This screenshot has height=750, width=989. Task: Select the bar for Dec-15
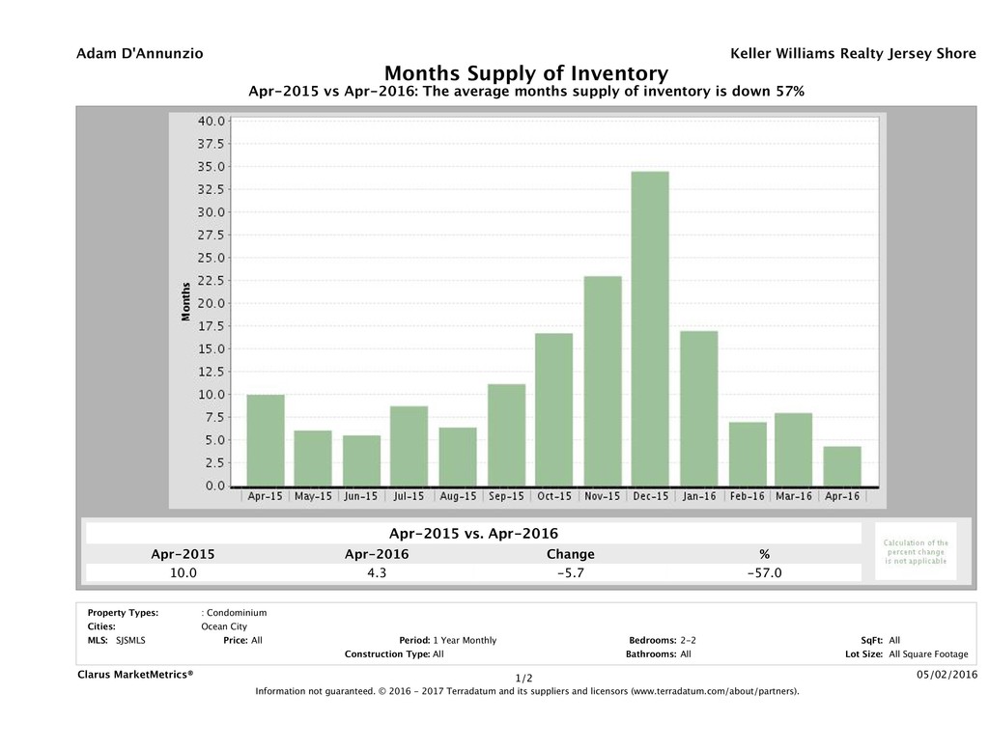coord(650,328)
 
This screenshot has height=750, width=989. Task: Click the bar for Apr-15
coord(266,440)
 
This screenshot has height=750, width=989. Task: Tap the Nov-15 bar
coord(602,381)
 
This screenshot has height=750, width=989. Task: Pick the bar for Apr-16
coord(842,466)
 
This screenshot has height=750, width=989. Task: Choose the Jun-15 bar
coord(361,460)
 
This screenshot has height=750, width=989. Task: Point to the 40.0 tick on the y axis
coord(212,122)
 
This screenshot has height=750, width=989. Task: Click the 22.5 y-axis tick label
coord(212,281)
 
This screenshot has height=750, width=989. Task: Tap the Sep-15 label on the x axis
coord(506,496)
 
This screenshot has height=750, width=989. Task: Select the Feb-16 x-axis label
coord(747,496)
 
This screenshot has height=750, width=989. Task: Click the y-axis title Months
coord(185,301)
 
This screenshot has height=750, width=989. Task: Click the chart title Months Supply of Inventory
coord(526,73)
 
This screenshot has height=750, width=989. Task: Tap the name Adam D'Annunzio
coord(139,54)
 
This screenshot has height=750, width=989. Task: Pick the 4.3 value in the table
coord(377,572)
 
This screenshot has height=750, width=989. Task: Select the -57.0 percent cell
coord(764,572)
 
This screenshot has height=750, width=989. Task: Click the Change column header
coord(570,554)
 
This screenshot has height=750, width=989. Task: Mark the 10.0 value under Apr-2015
coord(184,572)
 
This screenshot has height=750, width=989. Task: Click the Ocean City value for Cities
coord(223,625)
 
